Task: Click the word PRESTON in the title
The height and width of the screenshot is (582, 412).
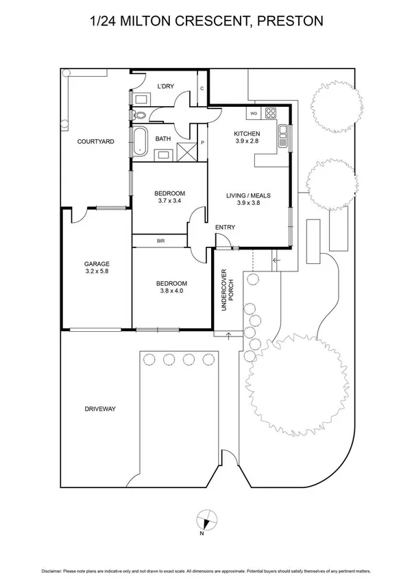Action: pos(289,22)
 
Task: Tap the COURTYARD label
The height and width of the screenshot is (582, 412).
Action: pos(95,142)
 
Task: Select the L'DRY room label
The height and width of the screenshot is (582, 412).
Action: pos(165,86)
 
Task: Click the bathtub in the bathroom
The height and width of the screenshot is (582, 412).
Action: pos(140,141)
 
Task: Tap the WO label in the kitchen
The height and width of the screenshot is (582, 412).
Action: pos(253,113)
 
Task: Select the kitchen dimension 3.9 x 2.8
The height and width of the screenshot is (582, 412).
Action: pos(246,142)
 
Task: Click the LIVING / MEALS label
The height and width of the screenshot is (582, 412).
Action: pos(248,195)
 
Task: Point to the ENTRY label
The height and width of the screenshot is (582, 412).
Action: pos(225,228)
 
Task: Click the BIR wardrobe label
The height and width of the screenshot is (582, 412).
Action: pos(160,241)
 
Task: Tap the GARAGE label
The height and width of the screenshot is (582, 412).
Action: pos(97,263)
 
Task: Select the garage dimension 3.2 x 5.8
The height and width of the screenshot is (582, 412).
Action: pos(97,271)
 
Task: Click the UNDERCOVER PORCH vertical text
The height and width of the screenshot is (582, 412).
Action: pos(228,293)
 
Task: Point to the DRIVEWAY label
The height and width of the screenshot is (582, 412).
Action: pos(100,409)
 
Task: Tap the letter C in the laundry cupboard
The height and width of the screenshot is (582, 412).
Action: pos(202,88)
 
